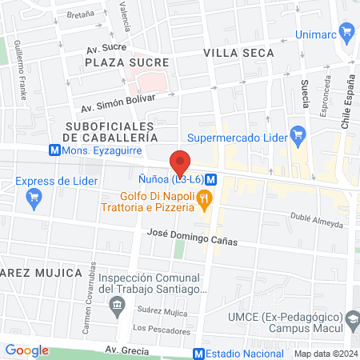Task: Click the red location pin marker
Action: tap(181, 162)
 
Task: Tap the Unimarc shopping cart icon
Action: tap(346, 33)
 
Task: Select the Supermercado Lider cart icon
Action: tap(298, 134)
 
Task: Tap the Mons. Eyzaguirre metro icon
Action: tap(54, 150)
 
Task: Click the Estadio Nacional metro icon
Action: tap(198, 353)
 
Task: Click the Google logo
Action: tap(26, 350)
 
